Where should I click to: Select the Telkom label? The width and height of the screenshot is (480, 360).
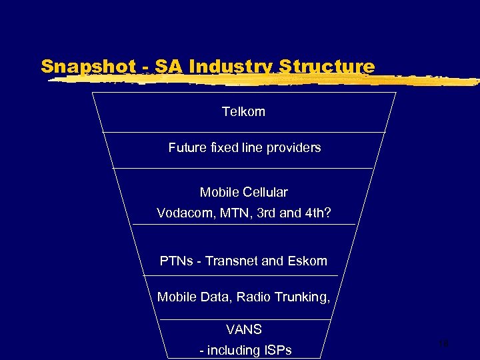(243, 112)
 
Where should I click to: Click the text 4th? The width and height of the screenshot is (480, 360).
(319, 213)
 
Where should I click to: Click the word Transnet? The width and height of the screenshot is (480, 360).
(231, 261)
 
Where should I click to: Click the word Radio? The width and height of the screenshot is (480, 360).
(251, 297)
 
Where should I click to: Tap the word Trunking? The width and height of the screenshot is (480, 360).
(301, 297)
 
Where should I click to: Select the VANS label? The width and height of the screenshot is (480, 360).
(243, 329)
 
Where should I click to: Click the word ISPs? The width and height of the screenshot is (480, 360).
(278, 350)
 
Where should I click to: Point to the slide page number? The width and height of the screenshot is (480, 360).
(444, 343)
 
